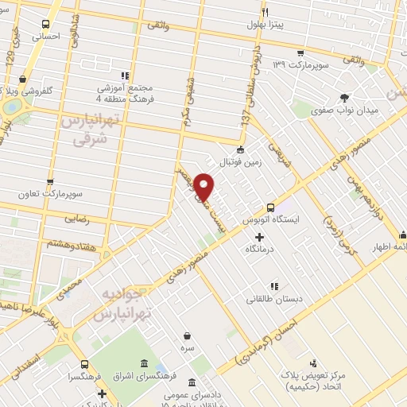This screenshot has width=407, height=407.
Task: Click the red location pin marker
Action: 204,186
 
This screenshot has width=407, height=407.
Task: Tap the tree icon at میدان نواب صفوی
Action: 344,98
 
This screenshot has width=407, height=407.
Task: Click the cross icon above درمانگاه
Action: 260,236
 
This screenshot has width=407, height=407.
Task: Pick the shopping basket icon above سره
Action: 187,335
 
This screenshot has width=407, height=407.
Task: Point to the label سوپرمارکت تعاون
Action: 52,194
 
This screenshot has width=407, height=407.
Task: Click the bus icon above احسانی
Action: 45,25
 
